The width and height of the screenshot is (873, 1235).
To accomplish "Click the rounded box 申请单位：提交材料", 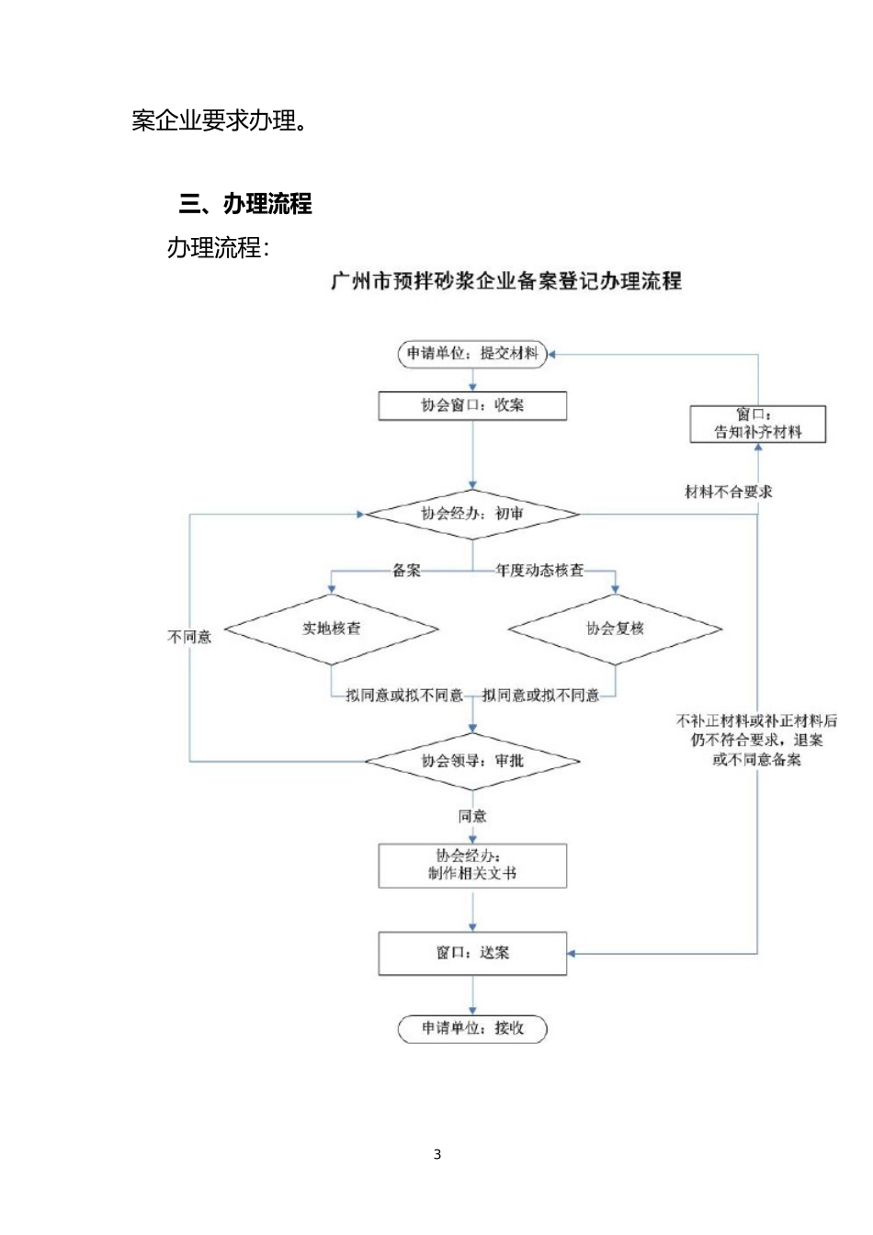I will coord(472,354).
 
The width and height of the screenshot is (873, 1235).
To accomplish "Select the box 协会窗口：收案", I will coord(472,405).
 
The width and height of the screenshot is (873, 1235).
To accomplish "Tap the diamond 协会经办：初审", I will coord(472,514).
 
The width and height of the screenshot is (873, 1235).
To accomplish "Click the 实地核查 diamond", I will coord(332,629).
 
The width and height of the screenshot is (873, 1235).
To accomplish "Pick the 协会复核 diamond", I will coord(615,629).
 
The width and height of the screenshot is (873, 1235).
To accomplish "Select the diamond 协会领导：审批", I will coord(472,761).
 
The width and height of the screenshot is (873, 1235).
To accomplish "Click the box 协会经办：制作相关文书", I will coord(472,866).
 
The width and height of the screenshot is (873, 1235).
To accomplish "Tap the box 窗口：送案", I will coord(472,953).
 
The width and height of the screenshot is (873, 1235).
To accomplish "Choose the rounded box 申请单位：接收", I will coord(472,1028).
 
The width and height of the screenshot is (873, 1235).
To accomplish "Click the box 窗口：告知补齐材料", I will coord(758,424).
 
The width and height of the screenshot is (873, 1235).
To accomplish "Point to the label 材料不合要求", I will coord(729,492).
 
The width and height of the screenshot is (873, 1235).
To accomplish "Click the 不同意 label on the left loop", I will coord(189,636).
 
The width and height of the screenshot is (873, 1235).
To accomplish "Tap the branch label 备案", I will coord(406,571).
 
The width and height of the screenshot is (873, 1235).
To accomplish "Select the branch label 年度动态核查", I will coord(539,571).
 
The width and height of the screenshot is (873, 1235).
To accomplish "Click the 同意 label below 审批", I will coord(472,816).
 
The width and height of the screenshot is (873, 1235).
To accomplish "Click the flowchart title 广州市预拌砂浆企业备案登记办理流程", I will coord(506,281).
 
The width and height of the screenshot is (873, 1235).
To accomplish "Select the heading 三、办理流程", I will coord(245,203).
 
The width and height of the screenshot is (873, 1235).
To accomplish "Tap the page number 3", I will coord(437,1154).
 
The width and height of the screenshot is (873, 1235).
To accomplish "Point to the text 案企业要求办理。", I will coord(219,120).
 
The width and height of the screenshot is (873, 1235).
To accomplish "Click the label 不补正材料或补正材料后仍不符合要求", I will coord(756,731).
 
